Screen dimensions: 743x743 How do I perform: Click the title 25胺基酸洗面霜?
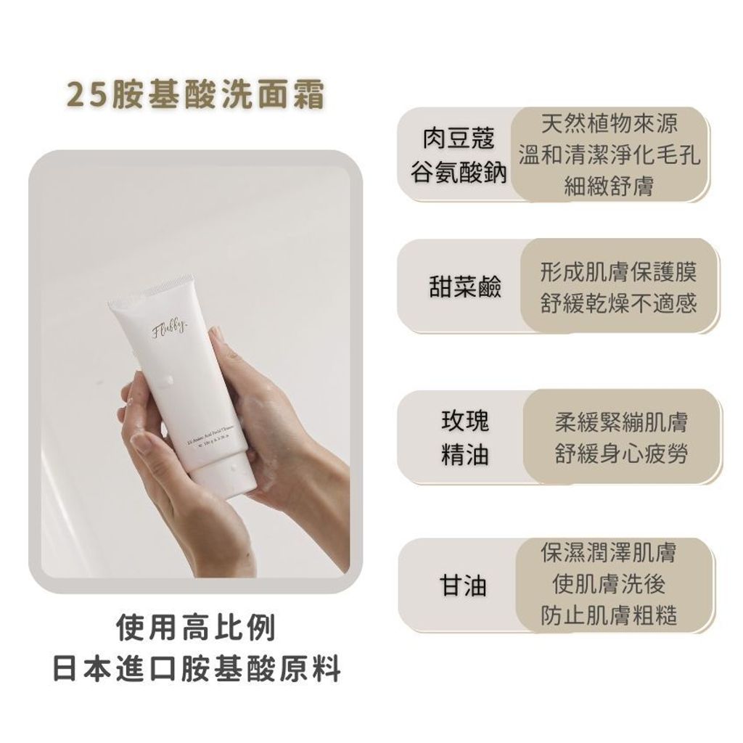(194, 95)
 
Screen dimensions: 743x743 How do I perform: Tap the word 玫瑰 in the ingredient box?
(465, 421)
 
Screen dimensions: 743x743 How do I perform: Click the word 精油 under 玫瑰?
(465, 455)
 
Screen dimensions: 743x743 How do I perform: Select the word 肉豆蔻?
(459, 139)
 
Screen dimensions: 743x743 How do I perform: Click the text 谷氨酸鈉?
(459, 173)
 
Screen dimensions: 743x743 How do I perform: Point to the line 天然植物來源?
(609, 124)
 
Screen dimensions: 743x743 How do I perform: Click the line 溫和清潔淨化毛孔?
(609, 155)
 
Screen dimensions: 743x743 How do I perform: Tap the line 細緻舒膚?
(609, 186)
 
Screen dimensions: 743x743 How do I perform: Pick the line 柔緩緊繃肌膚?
(621, 422)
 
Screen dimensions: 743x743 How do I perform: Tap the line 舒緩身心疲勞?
(621, 454)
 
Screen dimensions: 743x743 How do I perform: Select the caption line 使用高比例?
(196, 628)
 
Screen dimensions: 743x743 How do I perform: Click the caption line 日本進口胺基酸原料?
(196, 668)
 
